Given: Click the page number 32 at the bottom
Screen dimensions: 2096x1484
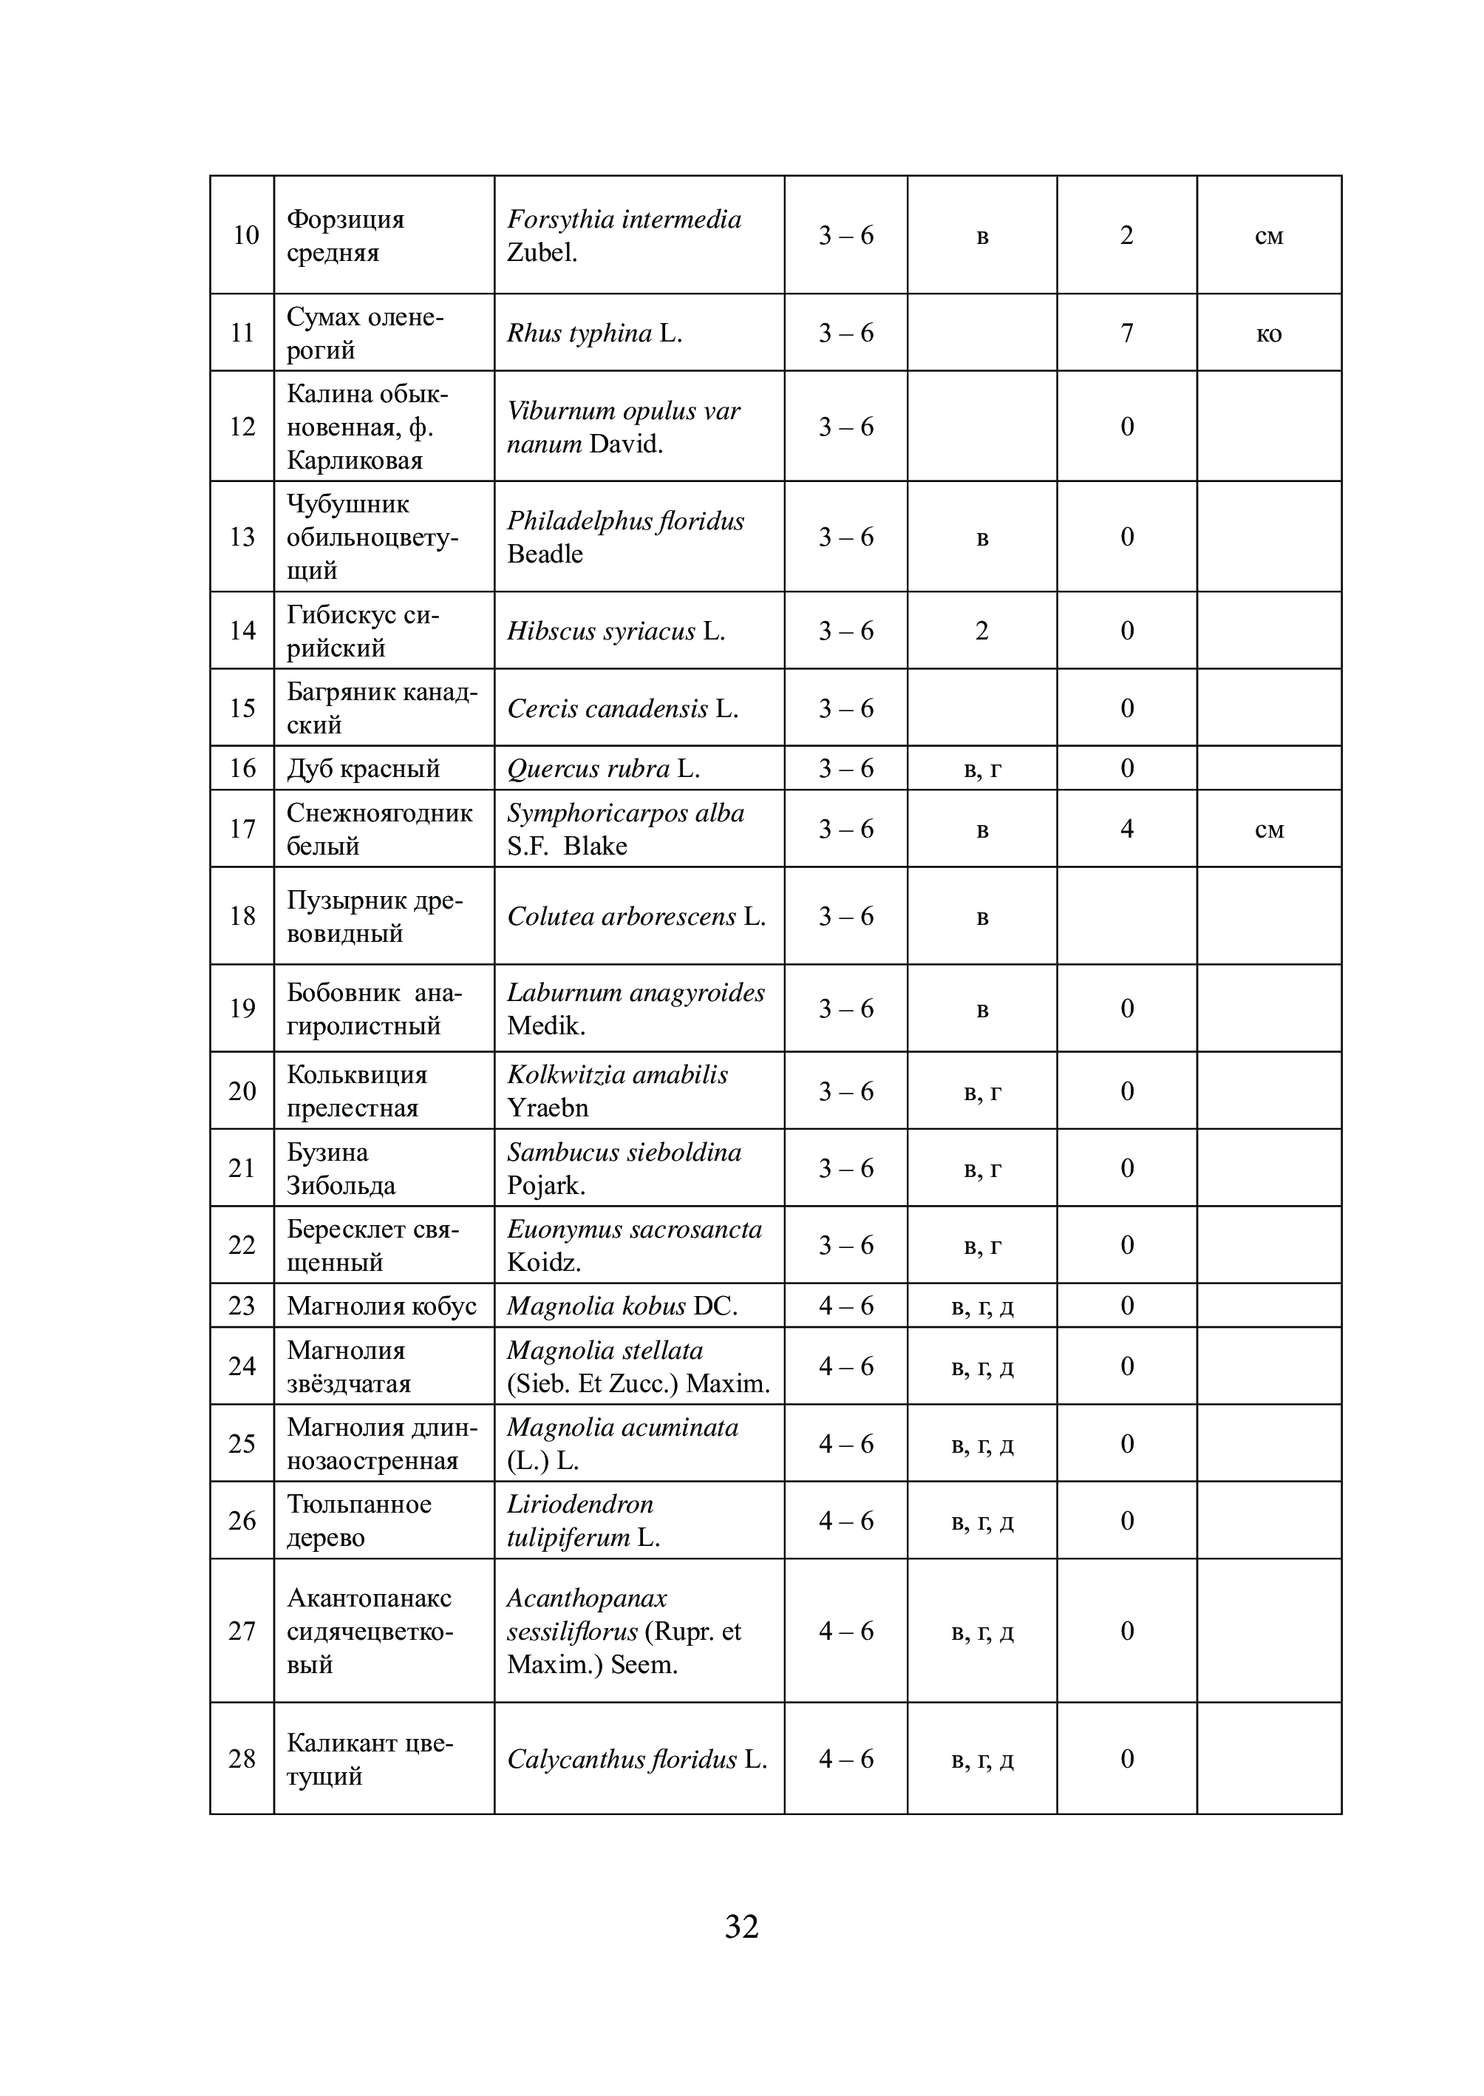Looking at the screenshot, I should pyautogui.click(x=741, y=1926).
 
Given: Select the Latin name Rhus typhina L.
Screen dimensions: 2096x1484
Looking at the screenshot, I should pyautogui.click(x=594, y=333).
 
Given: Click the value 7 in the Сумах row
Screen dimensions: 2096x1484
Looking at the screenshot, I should pyautogui.click(x=1127, y=333).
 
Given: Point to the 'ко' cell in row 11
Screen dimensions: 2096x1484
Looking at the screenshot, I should pyautogui.click(x=1268, y=333).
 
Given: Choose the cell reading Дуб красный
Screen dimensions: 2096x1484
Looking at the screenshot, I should pyautogui.click(x=364, y=769).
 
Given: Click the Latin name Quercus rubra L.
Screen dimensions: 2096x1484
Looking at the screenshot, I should pyautogui.click(x=603, y=769).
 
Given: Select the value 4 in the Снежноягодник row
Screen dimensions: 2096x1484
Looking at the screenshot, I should pyautogui.click(x=1127, y=829).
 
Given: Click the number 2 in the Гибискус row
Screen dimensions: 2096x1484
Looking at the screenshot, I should pyautogui.click(x=981, y=631).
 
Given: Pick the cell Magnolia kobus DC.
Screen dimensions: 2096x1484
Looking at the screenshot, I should pyautogui.click(x=622, y=1306).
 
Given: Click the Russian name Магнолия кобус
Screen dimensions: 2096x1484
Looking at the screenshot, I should pyautogui.click(x=382, y=1306).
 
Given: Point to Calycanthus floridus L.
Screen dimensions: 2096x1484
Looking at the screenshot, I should pyautogui.click(x=637, y=1760).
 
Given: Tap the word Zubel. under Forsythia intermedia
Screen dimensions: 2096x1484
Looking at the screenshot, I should pyautogui.click(x=542, y=252).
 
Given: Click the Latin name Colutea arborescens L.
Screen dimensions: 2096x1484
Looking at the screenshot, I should pyautogui.click(x=637, y=917).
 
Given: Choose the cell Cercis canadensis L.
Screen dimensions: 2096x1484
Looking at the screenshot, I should pyautogui.click(x=622, y=709).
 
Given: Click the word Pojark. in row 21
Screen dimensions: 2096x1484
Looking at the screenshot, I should pyautogui.click(x=545, y=1186).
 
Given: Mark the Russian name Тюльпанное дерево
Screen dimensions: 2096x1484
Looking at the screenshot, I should pyautogui.click(x=359, y=1521).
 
